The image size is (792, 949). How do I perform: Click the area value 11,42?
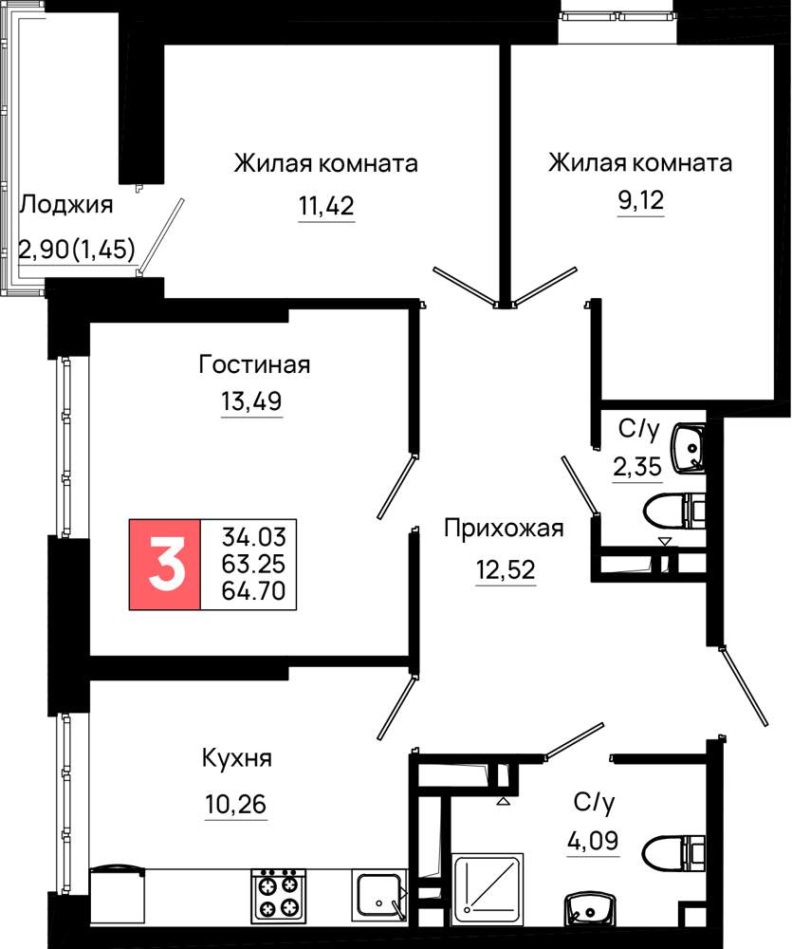click(326, 206)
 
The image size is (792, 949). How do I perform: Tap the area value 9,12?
click(641, 199)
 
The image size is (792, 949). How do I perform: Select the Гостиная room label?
click(254, 364)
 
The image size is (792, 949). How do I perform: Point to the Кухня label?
click(236, 758)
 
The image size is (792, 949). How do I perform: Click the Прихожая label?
click(504, 528)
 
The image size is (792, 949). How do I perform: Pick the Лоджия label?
click(66, 205)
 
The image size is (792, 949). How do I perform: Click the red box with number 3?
click(165, 564)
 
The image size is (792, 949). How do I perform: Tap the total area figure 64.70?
click(253, 590)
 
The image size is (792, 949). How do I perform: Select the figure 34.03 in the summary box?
click(253, 537)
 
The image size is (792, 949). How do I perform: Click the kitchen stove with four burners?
click(278, 895)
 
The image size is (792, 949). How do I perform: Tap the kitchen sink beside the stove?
click(378, 895)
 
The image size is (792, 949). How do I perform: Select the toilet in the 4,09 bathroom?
click(674, 852)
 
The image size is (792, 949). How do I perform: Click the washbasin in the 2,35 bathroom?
click(689, 448)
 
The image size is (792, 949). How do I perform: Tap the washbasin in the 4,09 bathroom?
click(589, 904)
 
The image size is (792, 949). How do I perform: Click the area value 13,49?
click(251, 401)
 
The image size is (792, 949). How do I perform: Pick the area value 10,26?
click(236, 805)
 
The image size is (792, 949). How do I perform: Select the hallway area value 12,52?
click(506, 570)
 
